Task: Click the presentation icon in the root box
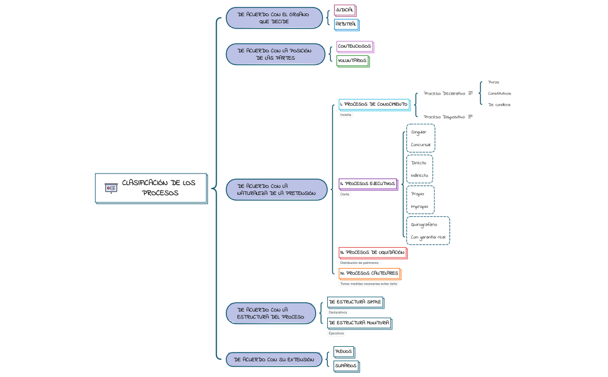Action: tap(111, 187)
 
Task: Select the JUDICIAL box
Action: tap(345, 10)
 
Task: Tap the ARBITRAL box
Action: tap(346, 24)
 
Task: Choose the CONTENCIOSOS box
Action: tap(354, 46)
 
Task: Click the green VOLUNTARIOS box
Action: tap(352, 60)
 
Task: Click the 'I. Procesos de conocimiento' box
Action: tap(373, 104)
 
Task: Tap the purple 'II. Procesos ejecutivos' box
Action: tap(368, 184)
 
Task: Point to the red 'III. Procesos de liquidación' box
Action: tap(372, 252)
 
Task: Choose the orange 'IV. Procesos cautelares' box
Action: tap(369, 273)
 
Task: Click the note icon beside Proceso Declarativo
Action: tap(471, 93)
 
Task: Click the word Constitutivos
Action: tap(499, 93)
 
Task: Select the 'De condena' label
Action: tap(499, 105)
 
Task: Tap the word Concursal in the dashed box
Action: tap(420, 144)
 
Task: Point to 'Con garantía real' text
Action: tap(428, 237)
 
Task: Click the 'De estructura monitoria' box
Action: tap(358, 322)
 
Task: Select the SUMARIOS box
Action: tap(346, 365)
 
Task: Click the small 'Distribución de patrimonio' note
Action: tap(359, 263)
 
